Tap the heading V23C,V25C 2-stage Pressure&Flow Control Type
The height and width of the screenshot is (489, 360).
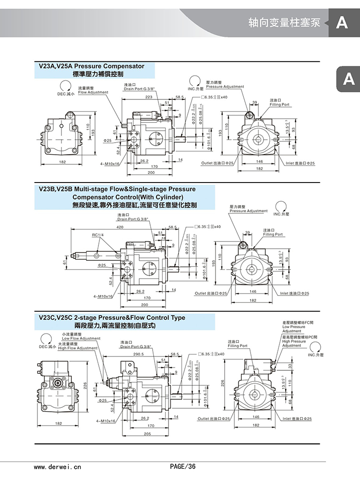pyautogui.click(x=111, y=318)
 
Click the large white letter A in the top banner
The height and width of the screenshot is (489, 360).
pyautogui.click(x=342, y=23)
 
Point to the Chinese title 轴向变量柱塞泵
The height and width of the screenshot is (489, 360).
pyautogui.click(x=284, y=23)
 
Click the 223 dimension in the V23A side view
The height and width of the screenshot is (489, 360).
pyautogui.click(x=149, y=97)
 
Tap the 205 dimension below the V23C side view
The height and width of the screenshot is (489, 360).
pyautogui.click(x=147, y=434)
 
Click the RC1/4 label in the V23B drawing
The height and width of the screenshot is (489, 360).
pyautogui.click(x=98, y=235)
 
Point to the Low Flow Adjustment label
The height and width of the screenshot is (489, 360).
pyautogui.click(x=81, y=338)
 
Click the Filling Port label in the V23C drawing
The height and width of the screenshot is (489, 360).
pyautogui.click(x=238, y=346)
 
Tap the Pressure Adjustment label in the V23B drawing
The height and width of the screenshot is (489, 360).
pyautogui.click(x=248, y=211)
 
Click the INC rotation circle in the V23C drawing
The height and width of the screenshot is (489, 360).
pyautogui.click(x=315, y=348)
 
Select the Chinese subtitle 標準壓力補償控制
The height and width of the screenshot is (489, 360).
pyautogui.click(x=98, y=74)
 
